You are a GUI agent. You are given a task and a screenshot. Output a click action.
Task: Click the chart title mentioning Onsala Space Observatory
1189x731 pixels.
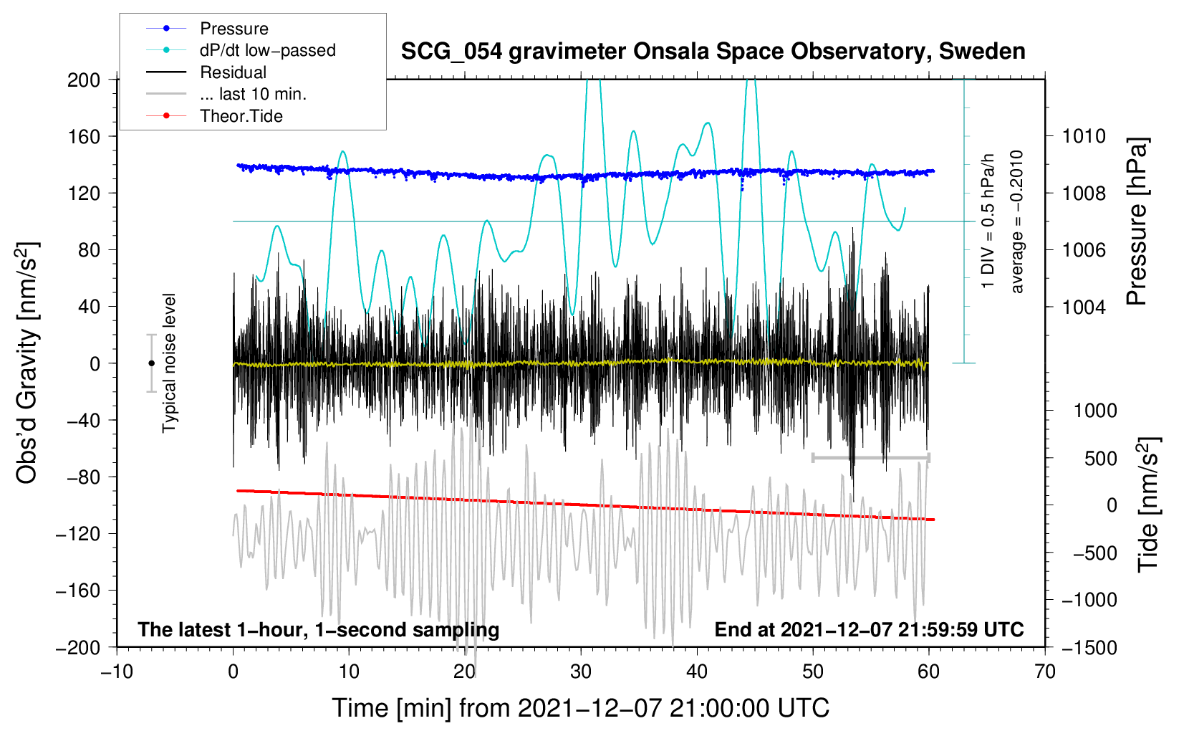click(713, 52)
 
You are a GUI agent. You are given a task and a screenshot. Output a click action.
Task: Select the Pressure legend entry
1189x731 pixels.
click(234, 29)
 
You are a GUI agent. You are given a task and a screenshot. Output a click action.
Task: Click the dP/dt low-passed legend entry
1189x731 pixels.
click(267, 50)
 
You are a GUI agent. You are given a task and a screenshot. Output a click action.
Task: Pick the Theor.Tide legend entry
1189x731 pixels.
click(241, 116)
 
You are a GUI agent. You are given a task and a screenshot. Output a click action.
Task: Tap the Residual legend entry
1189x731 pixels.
click(233, 72)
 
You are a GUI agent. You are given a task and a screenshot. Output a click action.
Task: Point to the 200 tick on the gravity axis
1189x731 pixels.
click(84, 80)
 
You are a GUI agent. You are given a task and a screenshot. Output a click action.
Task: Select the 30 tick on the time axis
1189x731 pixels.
click(581, 672)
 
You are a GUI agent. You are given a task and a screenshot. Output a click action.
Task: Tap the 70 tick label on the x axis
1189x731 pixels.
click(1045, 672)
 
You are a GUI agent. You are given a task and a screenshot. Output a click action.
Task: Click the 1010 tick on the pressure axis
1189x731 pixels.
click(1084, 136)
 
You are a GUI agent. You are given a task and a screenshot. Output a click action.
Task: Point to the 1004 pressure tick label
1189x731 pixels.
click(1084, 307)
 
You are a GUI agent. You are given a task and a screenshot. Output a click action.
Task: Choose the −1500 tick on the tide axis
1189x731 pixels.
click(1089, 648)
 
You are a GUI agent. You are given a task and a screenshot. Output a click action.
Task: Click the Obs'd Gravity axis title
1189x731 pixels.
click(27, 363)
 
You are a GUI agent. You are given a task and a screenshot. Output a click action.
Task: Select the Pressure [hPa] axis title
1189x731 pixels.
click(1137, 222)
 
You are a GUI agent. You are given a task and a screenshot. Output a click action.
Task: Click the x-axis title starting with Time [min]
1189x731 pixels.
click(581, 708)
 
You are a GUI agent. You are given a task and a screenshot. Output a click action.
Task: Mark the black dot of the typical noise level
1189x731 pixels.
click(151, 363)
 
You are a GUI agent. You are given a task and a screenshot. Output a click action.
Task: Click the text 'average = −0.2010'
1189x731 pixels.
click(1017, 222)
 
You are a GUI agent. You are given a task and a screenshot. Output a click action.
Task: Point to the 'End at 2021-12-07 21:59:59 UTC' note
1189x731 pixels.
click(869, 630)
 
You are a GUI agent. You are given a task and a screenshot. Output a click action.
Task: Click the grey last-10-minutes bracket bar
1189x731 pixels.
click(870, 457)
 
